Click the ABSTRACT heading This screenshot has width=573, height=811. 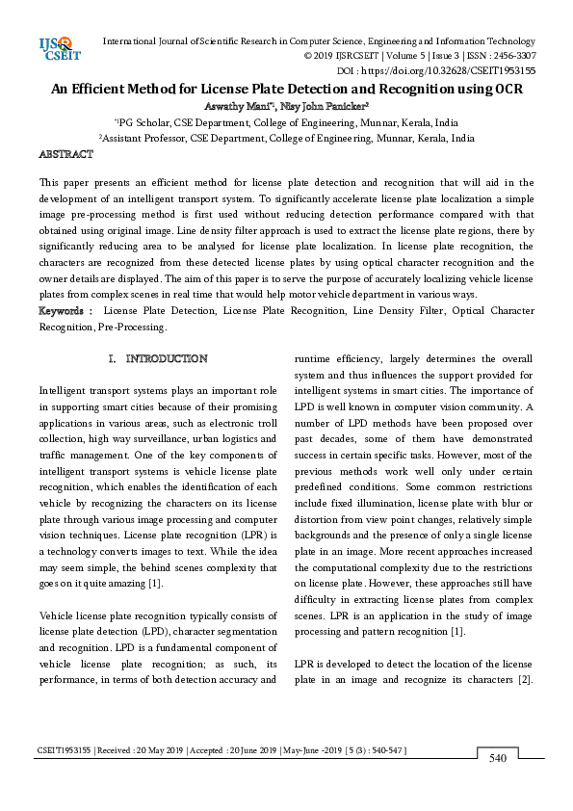tap(65, 154)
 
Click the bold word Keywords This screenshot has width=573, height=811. tap(63, 311)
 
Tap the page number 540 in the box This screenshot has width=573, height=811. tap(498, 759)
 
